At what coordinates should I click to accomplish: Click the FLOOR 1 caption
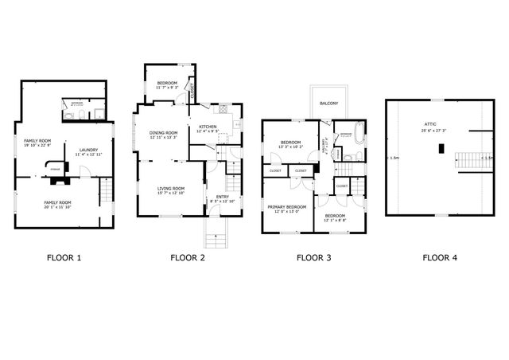[x=64, y=257]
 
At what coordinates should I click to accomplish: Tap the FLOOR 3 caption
[x=313, y=257]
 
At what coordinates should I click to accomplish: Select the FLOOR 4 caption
[x=439, y=257]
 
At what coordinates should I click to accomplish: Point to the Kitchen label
[x=208, y=127]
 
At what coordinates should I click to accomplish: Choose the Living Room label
[x=170, y=188]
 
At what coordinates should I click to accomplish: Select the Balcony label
[x=328, y=104]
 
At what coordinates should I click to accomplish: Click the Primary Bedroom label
[x=287, y=207]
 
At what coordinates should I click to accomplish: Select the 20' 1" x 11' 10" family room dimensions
[x=57, y=207]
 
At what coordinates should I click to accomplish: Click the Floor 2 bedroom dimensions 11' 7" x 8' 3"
[x=166, y=88]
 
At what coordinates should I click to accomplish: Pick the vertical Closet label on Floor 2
[x=193, y=91]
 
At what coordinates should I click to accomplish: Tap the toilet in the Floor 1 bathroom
[x=70, y=116]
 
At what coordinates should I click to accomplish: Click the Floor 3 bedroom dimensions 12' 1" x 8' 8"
[x=334, y=220]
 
